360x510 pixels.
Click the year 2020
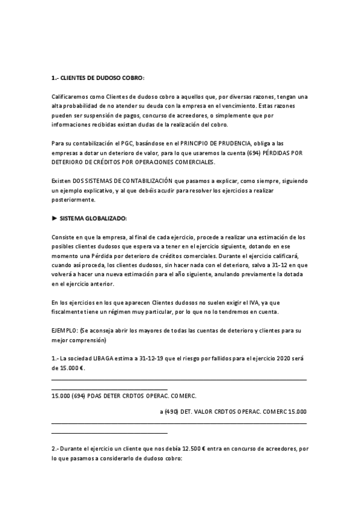pyautogui.click(x=285, y=358)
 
